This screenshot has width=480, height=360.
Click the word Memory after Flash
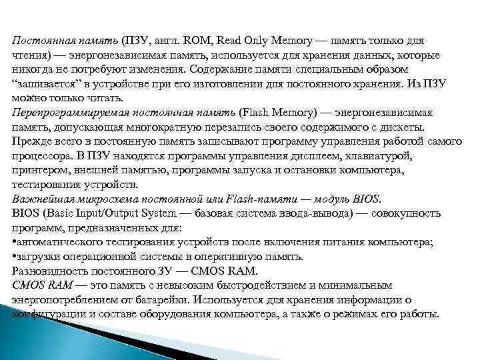(x=291, y=113)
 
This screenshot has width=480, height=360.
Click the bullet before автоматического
(x=15, y=242)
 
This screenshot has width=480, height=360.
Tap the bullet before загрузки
(x=15, y=257)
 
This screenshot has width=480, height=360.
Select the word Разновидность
(x=47, y=271)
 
